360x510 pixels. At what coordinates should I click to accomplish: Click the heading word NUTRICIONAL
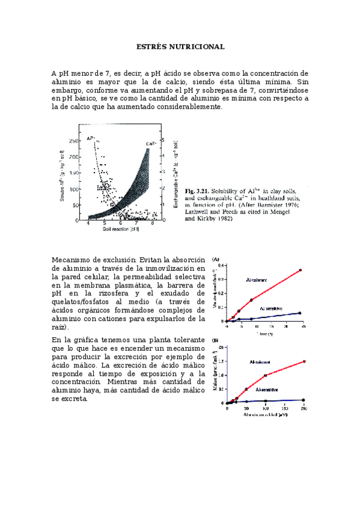199,46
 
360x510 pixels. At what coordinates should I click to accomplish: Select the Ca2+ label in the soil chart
153,143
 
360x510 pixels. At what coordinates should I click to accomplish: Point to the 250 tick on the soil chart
73,141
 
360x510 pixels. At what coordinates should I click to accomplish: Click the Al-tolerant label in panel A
257,280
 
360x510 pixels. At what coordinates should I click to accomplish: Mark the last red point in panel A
300,270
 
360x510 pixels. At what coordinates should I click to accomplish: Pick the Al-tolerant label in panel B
261,362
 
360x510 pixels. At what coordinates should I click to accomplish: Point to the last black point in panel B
304,400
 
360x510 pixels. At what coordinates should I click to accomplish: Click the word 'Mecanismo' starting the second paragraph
72,260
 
